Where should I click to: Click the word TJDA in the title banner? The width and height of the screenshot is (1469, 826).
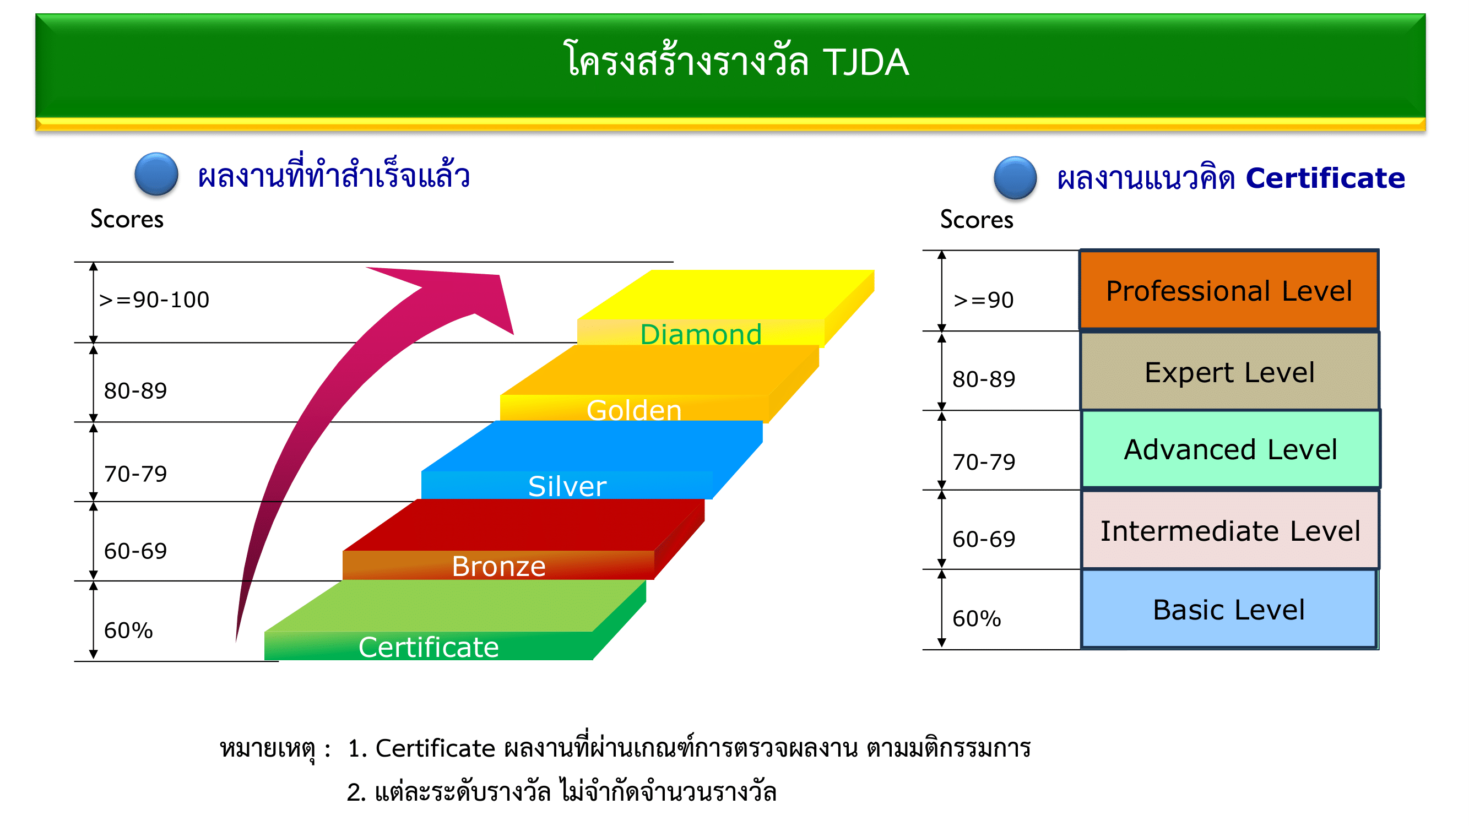pos(865,62)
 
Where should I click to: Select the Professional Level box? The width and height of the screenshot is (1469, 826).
pos(1229,290)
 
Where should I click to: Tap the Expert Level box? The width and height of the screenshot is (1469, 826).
pos(1229,372)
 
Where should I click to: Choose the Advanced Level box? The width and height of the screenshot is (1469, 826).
pos(1230,449)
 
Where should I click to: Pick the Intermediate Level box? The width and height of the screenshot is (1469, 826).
pos(1230,530)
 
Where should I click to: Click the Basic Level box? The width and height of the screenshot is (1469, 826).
pos(1229,609)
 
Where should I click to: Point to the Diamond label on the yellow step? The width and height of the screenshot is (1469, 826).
pos(700,334)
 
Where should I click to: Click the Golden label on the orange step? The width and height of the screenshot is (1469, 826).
pos(633,410)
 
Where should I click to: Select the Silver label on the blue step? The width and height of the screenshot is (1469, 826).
pos(567,486)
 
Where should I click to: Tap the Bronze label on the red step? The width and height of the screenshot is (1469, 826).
pos(498,566)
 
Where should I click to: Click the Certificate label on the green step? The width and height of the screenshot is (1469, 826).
pos(429,646)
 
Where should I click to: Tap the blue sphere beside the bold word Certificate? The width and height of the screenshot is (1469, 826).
pos(1015,178)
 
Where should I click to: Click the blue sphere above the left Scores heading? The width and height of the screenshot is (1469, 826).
pos(156,175)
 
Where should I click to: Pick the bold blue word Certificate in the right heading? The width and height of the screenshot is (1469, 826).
pos(1325,178)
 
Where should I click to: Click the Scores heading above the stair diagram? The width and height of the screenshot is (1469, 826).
pos(127,219)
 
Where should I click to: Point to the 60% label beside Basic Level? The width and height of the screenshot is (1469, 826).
pos(976,618)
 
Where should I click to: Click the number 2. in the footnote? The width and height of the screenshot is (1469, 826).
pos(356,792)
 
